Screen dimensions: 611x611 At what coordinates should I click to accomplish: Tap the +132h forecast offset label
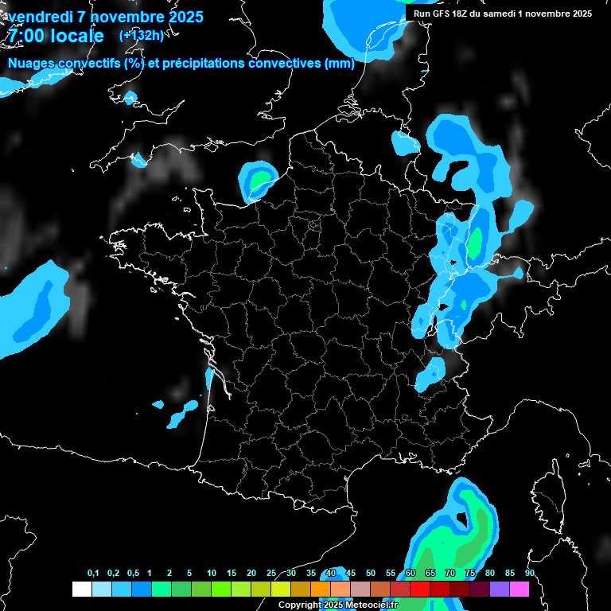pos(141,35)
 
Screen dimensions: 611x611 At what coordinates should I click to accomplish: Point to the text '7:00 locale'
pos(56,36)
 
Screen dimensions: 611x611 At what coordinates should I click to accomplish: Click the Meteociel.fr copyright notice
pos(337,605)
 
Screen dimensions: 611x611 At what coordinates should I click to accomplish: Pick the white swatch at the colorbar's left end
pos(81,589)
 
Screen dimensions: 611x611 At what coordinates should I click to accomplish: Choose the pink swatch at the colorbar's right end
pos(520,589)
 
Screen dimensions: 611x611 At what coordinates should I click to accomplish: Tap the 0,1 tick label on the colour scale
pos(93,574)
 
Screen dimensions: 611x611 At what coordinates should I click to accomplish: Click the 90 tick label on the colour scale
pos(529,574)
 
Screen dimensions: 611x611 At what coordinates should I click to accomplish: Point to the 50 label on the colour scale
pos(371,574)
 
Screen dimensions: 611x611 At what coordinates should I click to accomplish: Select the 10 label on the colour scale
pos(212,574)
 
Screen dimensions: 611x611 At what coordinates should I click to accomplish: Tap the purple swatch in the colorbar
pos(500,589)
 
